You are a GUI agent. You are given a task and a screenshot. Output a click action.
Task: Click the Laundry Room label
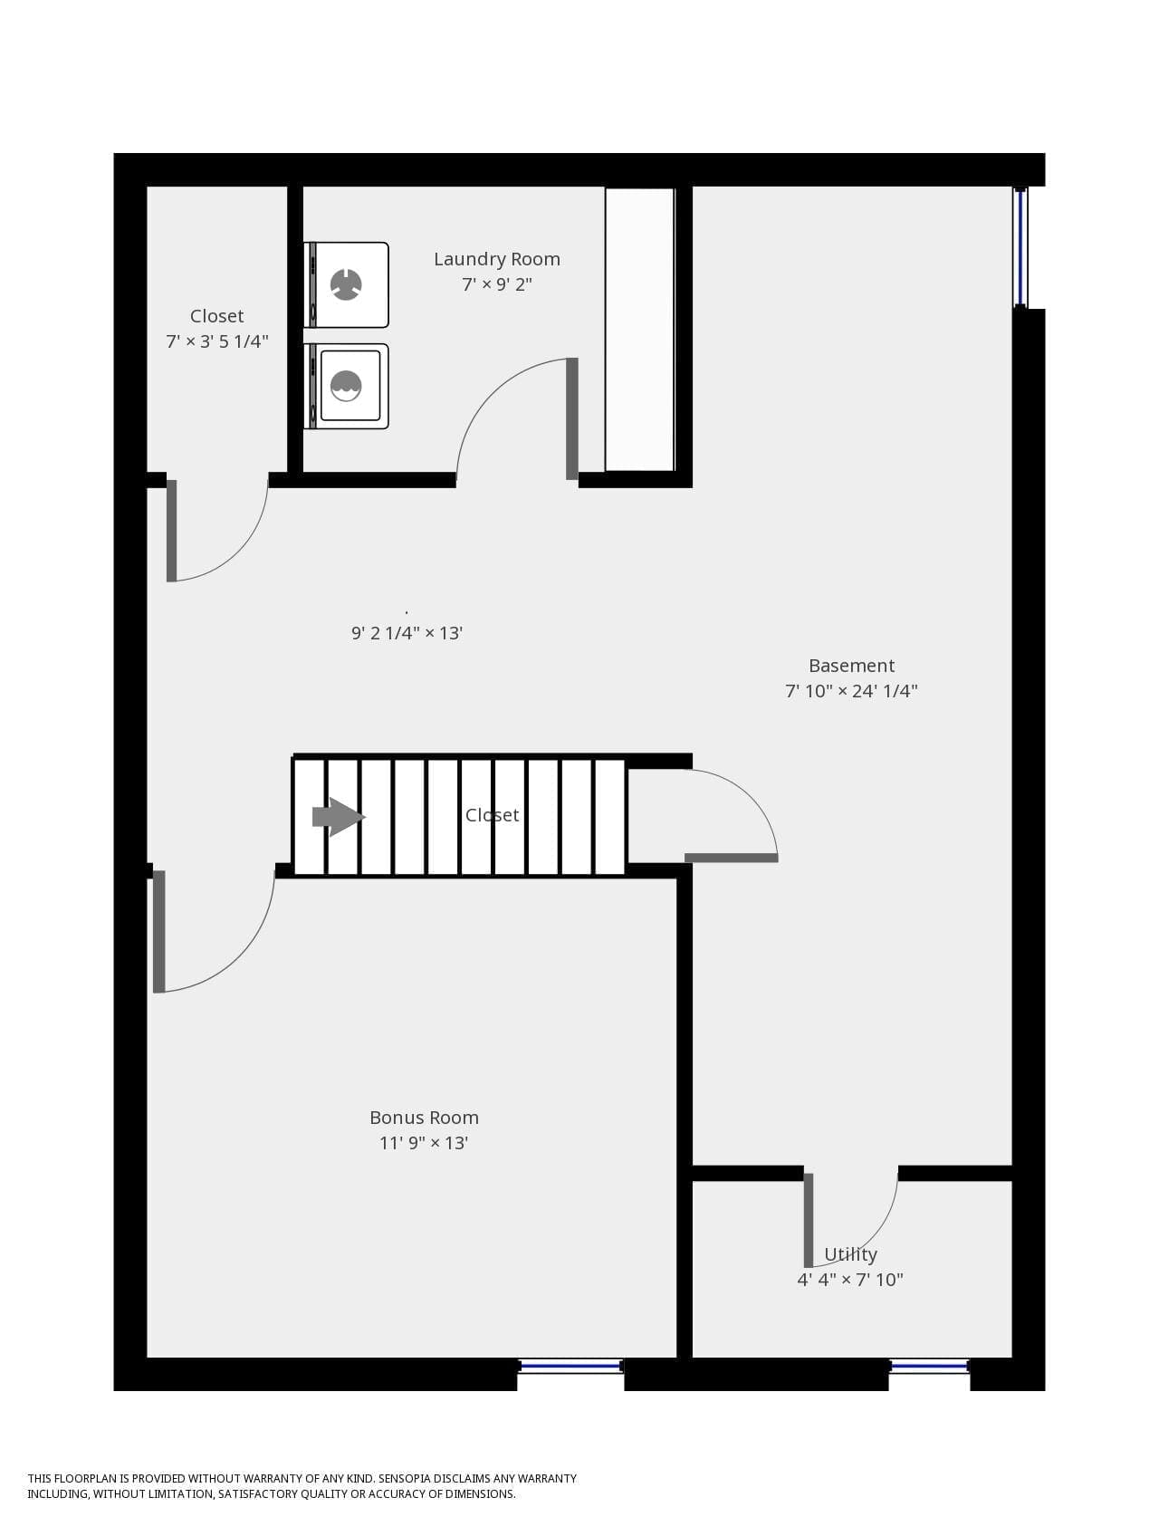(497, 259)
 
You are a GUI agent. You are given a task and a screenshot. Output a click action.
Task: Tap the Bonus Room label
(424, 1118)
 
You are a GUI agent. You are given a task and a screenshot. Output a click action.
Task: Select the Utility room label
(850, 1254)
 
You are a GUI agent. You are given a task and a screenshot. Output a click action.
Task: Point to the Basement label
(851, 666)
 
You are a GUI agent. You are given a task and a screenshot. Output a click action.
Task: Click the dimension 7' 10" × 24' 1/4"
(851, 691)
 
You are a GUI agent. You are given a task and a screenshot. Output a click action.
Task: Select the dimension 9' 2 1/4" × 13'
(407, 633)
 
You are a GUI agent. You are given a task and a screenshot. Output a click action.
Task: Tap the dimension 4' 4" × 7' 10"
(850, 1280)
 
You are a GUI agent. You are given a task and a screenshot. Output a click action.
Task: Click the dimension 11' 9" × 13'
(424, 1143)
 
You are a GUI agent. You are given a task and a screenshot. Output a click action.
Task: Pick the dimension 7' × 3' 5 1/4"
(217, 341)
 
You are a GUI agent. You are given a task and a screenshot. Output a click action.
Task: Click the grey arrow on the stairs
(339, 817)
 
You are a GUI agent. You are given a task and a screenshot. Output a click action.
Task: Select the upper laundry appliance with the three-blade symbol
(347, 284)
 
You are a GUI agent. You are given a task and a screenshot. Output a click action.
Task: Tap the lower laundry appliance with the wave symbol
(347, 386)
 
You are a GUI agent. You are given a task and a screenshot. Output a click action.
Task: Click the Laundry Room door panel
(572, 418)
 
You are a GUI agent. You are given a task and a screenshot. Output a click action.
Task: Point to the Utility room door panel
(809, 1220)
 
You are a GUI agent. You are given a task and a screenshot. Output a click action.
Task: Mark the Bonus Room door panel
(159, 931)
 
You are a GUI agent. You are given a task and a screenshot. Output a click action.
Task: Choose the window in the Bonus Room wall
(570, 1366)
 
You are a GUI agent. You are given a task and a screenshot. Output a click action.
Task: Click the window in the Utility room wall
(930, 1366)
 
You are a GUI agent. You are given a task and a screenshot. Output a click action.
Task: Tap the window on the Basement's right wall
(1020, 247)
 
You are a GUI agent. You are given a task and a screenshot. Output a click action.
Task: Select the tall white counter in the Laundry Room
(640, 330)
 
